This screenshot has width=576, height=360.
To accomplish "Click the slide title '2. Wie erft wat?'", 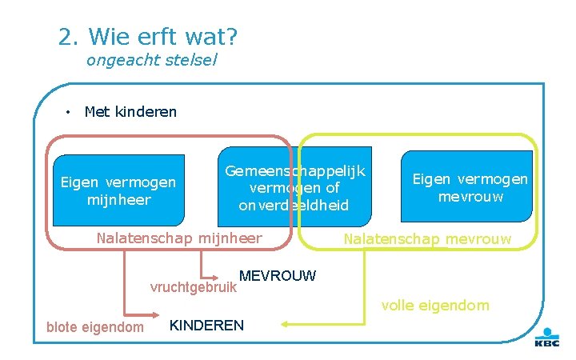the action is pos(148,36).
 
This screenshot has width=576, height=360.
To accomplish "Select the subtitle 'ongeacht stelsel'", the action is pos(151,60).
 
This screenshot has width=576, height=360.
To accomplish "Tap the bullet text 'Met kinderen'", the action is pos(130,111).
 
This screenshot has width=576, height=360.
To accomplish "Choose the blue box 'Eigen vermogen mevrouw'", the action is pos(470,188).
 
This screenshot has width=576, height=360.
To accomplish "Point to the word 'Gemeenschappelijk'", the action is pos(294,171).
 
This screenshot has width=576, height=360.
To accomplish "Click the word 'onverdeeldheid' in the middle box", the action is pos(294,206).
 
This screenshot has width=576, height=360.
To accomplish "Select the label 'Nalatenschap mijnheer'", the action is pos(178,238).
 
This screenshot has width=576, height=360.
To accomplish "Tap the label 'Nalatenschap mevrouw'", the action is pos(427,238).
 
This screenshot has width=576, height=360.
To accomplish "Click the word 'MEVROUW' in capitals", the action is pos(278,276).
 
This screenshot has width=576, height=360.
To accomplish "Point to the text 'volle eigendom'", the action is pos(434,305).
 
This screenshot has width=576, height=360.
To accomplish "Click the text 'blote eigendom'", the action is pos(95,326).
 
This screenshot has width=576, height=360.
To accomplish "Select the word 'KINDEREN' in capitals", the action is pos(207,325).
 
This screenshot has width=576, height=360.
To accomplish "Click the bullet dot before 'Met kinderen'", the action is pos(70,111).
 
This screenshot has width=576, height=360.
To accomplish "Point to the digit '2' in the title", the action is pos(66,36).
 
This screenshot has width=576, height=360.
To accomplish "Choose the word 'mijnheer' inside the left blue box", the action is pos(118,200).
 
